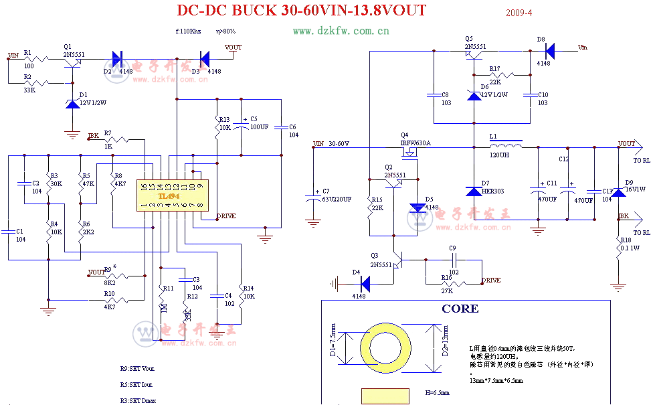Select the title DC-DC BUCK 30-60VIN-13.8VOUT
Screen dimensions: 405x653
click(300, 11)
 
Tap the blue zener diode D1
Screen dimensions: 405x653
click(72, 104)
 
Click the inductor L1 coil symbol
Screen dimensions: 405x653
click(506, 145)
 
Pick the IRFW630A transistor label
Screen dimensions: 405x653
click(415, 143)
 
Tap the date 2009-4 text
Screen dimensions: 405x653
click(519, 13)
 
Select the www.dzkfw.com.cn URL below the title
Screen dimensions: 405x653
click(341, 31)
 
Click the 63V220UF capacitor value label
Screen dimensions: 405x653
click(337, 199)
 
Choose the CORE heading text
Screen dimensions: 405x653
click(460, 309)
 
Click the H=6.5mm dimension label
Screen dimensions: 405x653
click(437, 392)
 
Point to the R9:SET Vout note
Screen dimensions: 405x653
click(137, 368)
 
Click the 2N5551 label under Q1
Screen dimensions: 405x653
click(74, 53)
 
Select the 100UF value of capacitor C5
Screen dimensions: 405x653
click(259, 127)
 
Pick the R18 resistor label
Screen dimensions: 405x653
click(625, 239)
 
